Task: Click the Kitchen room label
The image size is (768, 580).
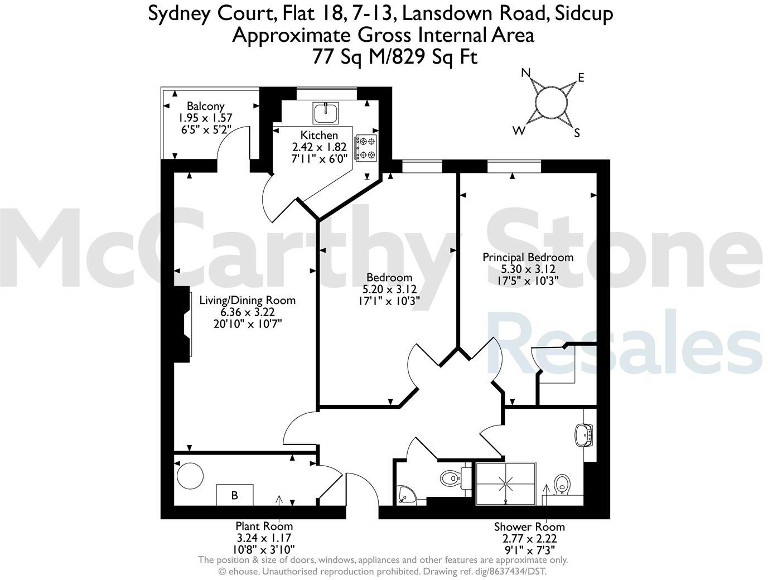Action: click(319, 136)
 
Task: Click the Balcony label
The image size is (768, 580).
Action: click(205, 106)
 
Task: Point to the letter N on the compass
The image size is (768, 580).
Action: click(525, 73)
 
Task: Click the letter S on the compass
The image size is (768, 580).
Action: click(577, 133)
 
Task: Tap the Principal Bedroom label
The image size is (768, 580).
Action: click(528, 257)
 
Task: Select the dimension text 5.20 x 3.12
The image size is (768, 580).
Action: click(389, 289)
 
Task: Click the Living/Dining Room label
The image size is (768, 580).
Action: click(247, 300)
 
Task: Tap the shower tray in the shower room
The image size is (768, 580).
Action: click(505, 484)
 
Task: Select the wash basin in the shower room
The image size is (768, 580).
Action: click(584, 434)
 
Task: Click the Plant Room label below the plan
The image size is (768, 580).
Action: click(264, 526)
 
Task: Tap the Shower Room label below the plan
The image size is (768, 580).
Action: click(529, 526)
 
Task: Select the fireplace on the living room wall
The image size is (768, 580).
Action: click(183, 323)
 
